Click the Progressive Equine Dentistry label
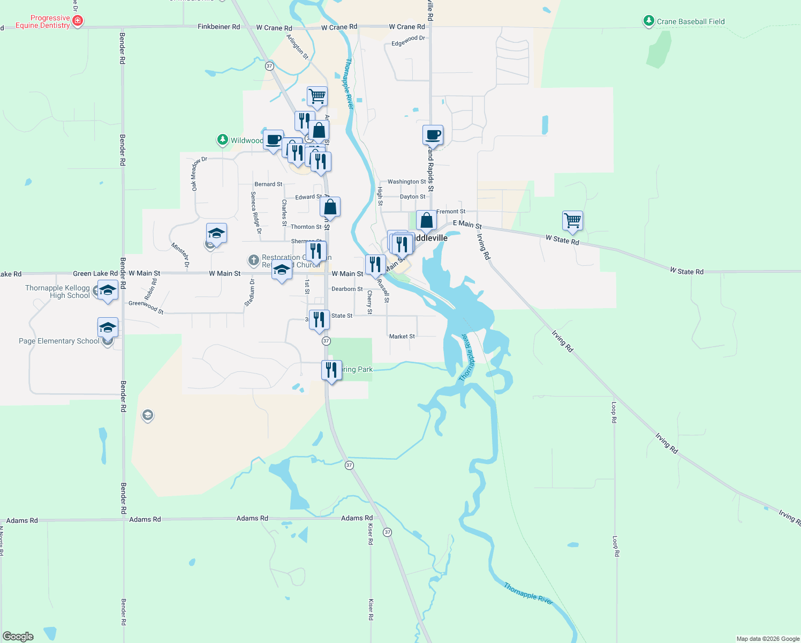coord(43,22)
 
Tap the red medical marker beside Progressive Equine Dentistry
coord(78,21)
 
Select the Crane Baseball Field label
coord(691,22)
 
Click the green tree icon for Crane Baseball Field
coord(649,21)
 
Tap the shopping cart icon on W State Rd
coord(572,220)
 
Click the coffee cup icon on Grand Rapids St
coord(433,134)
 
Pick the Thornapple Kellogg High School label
coord(57,291)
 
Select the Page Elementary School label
coord(59,341)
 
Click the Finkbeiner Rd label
coord(218,27)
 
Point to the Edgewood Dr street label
coord(408,41)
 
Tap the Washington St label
coord(406,182)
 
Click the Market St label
coord(402,337)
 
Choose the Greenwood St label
coord(146,306)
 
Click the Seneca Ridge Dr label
coord(255,212)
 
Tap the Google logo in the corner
coord(18,636)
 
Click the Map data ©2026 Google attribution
coord(768,639)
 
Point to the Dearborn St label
coord(346,289)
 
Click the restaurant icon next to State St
coord(319,319)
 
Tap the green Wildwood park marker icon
coord(223,140)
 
